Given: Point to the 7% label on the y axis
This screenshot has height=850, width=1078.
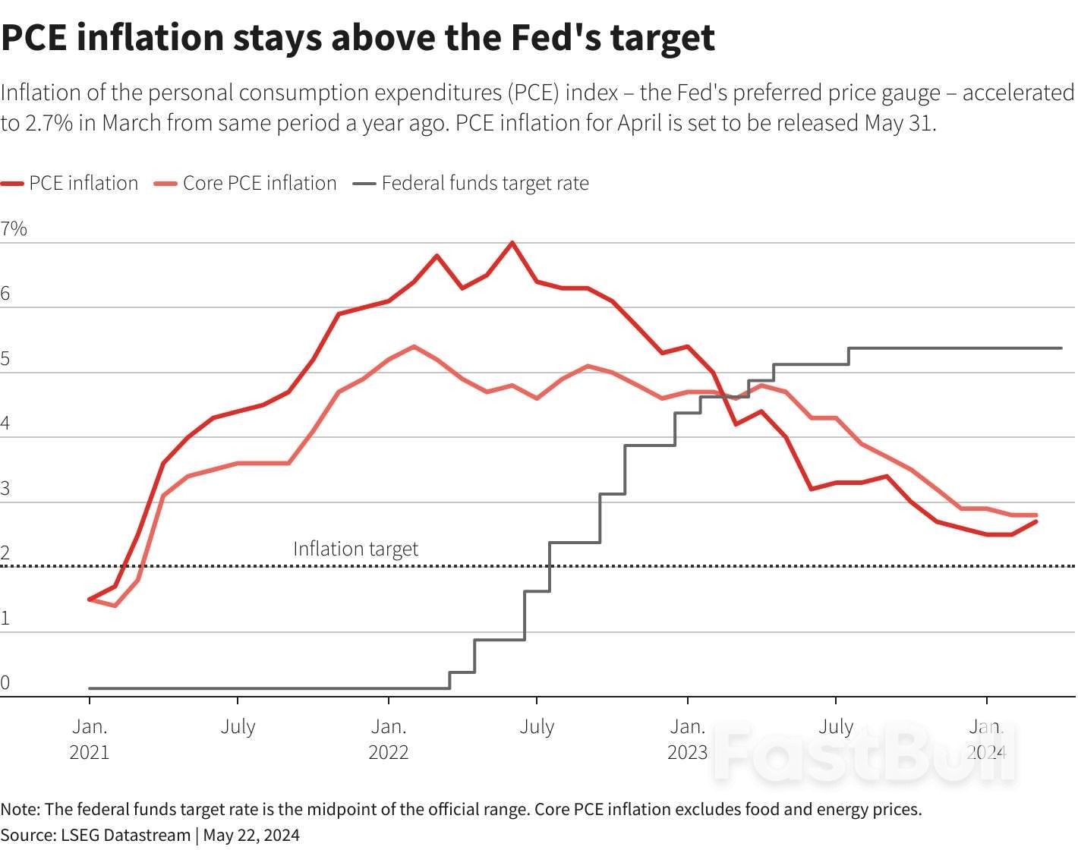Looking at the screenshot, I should [14, 228].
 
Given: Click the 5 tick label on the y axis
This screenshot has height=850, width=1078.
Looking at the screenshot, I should [6, 358].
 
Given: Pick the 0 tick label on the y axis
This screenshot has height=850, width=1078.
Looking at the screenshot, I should [6, 682].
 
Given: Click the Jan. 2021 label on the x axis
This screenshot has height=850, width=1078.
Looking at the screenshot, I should [90, 738].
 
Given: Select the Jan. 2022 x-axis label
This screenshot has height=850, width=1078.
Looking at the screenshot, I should [389, 738].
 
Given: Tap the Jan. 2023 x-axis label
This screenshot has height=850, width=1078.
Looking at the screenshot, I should [688, 738].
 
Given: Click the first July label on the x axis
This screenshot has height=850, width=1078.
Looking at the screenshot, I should [238, 726].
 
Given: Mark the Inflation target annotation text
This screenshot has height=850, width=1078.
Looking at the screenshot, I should [355, 549].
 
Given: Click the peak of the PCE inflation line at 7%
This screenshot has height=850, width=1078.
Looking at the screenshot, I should [512, 243].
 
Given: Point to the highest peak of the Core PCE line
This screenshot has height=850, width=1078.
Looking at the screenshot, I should [413, 347].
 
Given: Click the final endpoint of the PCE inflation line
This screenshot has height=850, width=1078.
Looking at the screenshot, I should [1036, 521].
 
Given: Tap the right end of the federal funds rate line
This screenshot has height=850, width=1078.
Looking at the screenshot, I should [1061, 348].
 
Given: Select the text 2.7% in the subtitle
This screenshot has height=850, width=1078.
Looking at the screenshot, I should [49, 123].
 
